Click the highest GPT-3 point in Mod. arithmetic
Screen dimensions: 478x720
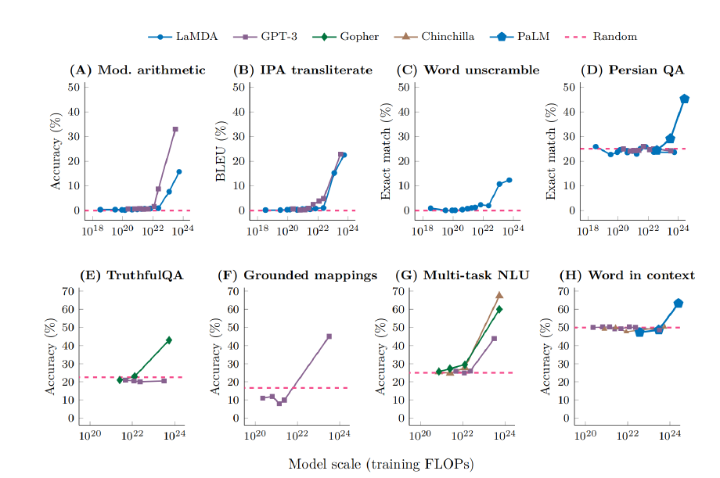coord(175,129)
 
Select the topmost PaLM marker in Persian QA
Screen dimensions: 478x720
coord(685,99)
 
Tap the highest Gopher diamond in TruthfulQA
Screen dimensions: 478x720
coord(169,340)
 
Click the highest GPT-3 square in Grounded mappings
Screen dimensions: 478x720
coord(329,336)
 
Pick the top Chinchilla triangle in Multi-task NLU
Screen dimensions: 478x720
coord(499,295)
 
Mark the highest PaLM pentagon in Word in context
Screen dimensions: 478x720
coord(679,303)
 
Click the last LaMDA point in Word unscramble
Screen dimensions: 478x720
coord(509,180)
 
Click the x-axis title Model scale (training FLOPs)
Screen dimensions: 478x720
coord(381,463)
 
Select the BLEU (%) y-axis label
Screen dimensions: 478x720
coord(221,148)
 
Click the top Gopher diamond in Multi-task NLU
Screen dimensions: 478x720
coord(499,309)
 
